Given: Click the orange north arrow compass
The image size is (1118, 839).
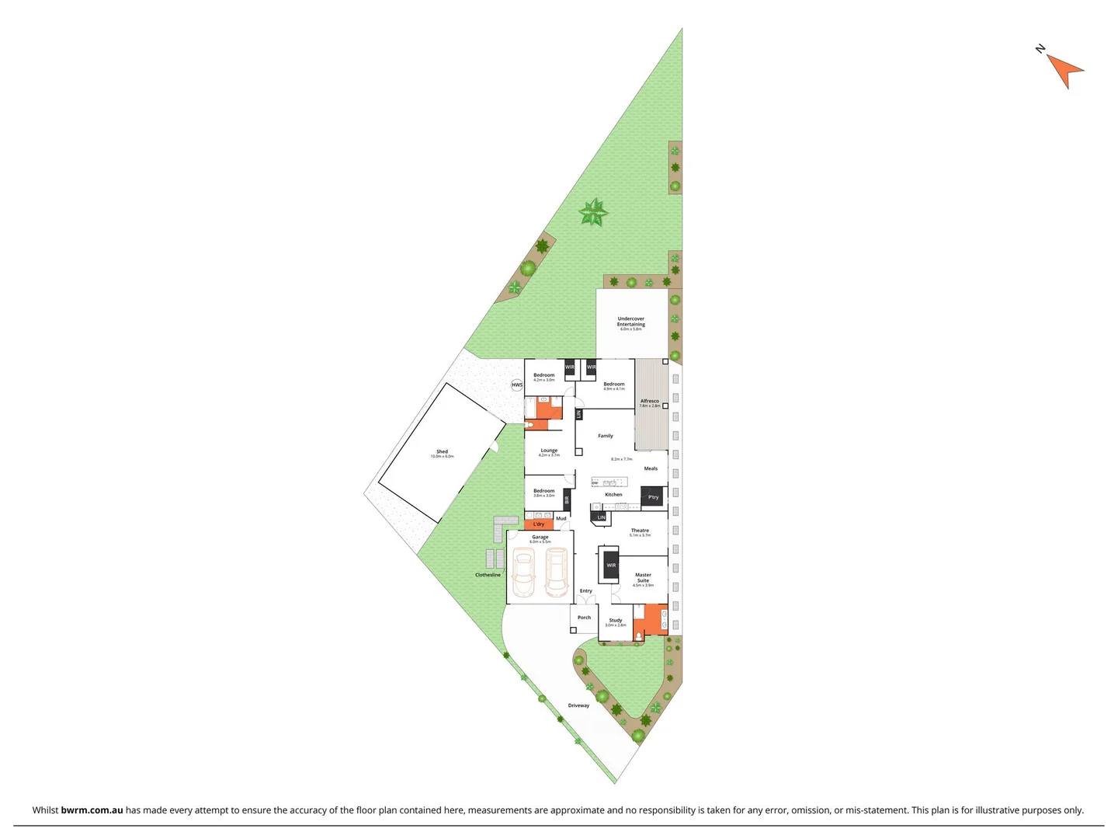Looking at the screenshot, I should [1065, 70].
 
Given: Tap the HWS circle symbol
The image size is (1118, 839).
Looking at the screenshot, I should [517, 385].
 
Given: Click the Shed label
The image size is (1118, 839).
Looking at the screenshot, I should [442, 451].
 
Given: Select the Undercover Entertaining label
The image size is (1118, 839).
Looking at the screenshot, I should [630, 322].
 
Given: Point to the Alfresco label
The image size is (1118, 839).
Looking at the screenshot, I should [650, 402].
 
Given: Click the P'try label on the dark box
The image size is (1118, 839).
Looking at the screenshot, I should [653, 497].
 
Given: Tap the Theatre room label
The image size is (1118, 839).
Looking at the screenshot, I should [640, 531].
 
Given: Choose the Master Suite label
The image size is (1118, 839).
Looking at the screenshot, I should [643, 578].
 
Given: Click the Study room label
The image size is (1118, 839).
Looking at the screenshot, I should [616, 620].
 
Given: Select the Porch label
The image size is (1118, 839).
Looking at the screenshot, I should [584, 618].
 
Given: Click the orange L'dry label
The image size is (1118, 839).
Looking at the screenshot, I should [539, 524].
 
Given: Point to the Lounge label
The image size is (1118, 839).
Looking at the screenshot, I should [549, 451].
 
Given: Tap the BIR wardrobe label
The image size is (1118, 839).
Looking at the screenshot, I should [567, 500].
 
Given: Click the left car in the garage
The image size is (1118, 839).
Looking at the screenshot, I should [523, 573].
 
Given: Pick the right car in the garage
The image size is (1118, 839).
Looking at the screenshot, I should [556, 573].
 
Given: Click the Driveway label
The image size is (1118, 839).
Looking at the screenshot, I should [578, 705].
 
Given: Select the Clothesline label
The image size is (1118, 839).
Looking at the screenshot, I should [488, 575].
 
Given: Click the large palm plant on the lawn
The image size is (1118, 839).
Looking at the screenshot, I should [594, 212].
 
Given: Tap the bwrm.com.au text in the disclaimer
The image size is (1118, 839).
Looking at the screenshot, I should [92, 810].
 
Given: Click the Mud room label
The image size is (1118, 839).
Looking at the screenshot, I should [561, 518].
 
